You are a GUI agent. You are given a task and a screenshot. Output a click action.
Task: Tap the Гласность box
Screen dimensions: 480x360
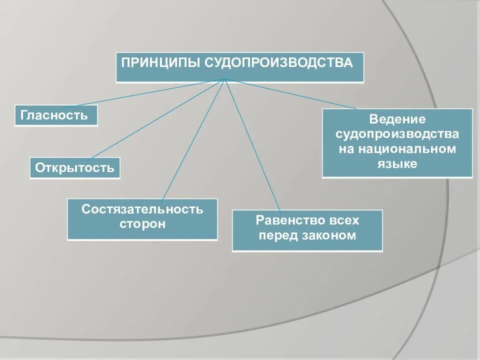coord(55,115)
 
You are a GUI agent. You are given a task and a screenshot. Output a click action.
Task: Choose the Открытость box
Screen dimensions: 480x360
coord(75,168)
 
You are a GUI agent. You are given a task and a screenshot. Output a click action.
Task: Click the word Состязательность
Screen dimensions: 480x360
coord(142,209)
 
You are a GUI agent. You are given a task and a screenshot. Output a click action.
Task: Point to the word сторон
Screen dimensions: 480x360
coord(142,223)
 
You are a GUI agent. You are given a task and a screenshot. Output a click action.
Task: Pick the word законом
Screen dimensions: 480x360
coord(329,235)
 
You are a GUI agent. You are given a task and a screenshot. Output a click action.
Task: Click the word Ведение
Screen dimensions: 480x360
coord(397,120)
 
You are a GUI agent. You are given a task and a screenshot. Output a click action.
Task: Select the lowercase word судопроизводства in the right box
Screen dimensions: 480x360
coord(397,134)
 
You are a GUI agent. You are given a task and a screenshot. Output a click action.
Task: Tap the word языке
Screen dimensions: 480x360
coord(397,164)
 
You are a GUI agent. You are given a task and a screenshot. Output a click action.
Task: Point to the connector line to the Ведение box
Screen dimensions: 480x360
coord(290,93)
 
